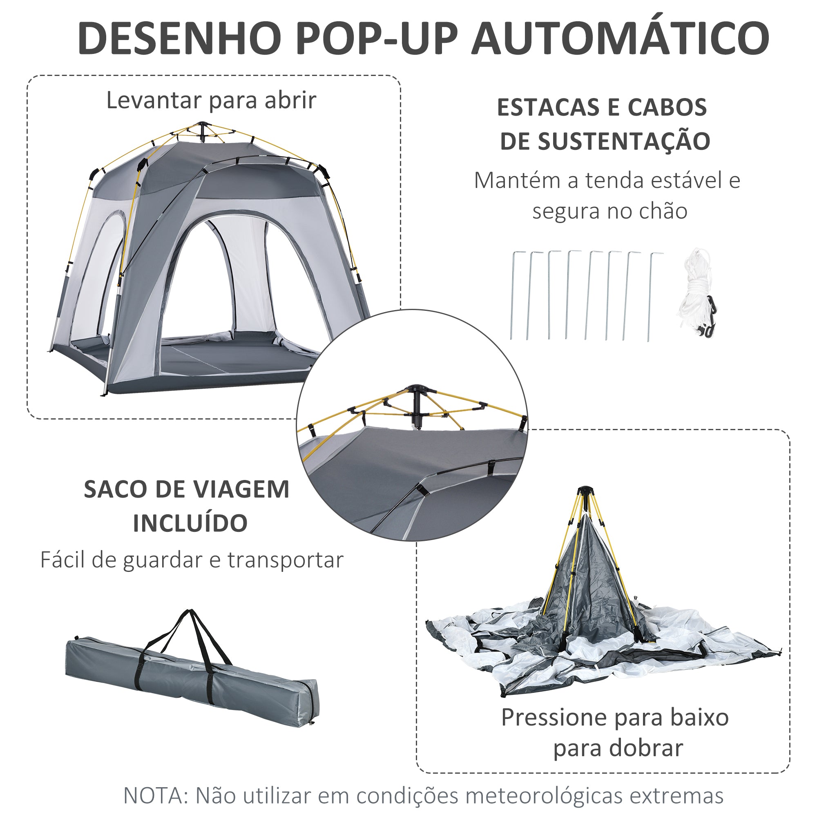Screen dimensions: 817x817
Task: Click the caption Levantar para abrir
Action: [211, 100]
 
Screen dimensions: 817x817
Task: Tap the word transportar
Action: [286, 560]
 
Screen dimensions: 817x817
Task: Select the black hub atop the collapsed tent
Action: [586, 491]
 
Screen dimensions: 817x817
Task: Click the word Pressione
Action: [554, 718]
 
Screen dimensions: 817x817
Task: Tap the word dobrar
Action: [647, 748]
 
